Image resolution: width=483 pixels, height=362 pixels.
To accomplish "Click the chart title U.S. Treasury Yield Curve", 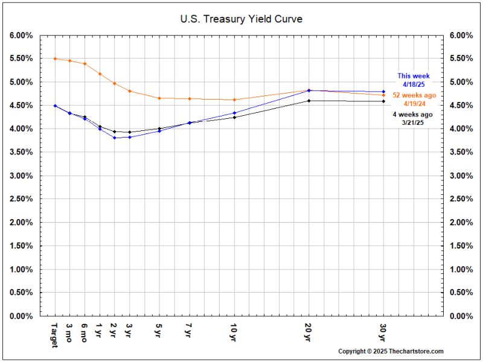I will click(x=241, y=19).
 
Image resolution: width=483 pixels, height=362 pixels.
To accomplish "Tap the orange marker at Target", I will click(x=55, y=59).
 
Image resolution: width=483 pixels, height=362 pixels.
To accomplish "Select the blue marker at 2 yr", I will click(x=114, y=138).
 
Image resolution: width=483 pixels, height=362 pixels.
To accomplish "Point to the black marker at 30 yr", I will click(x=384, y=101).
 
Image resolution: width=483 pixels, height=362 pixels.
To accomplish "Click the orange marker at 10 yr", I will click(x=234, y=100).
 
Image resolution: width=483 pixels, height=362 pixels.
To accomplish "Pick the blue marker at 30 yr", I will click(x=384, y=92).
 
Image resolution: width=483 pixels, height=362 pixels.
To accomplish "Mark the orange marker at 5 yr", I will click(x=159, y=98).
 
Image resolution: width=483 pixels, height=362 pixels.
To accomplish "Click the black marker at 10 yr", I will click(x=234, y=117).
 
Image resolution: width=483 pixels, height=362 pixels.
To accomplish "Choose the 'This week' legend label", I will click(x=414, y=76).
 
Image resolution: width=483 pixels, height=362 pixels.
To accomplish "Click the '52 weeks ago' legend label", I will click(x=414, y=95).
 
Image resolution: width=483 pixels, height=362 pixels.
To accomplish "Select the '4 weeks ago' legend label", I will click(x=414, y=115).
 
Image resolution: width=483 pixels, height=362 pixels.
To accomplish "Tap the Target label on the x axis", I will click(x=55, y=334).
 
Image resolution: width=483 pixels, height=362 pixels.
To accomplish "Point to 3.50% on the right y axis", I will click(x=461, y=153).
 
